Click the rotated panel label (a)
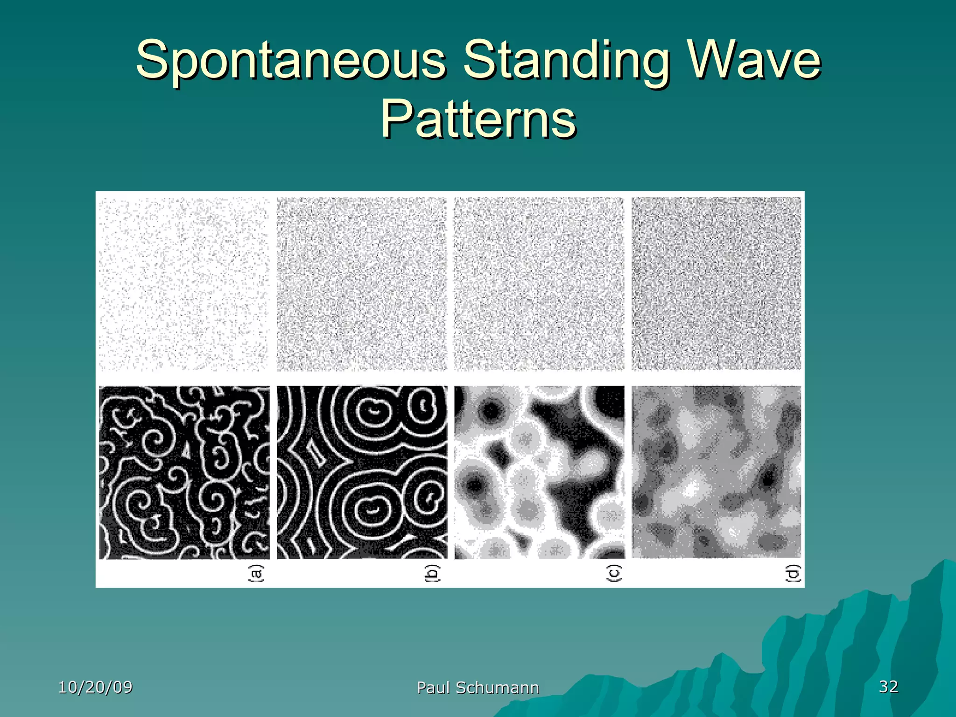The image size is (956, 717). (256, 573)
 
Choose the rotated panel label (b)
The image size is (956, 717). (433, 573)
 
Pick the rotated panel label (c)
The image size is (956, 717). (613, 573)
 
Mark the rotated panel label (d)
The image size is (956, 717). (793, 573)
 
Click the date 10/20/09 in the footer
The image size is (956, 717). (95, 687)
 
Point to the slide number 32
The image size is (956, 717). (888, 686)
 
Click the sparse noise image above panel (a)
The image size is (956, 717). (184, 284)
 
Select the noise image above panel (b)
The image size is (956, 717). (362, 284)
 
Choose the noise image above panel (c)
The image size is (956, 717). (539, 284)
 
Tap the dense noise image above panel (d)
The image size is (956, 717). (717, 284)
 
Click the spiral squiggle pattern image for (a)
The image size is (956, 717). (184, 472)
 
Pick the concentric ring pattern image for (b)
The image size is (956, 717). (362, 472)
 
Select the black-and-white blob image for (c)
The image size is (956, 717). (539, 472)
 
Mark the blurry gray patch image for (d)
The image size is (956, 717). (717, 472)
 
